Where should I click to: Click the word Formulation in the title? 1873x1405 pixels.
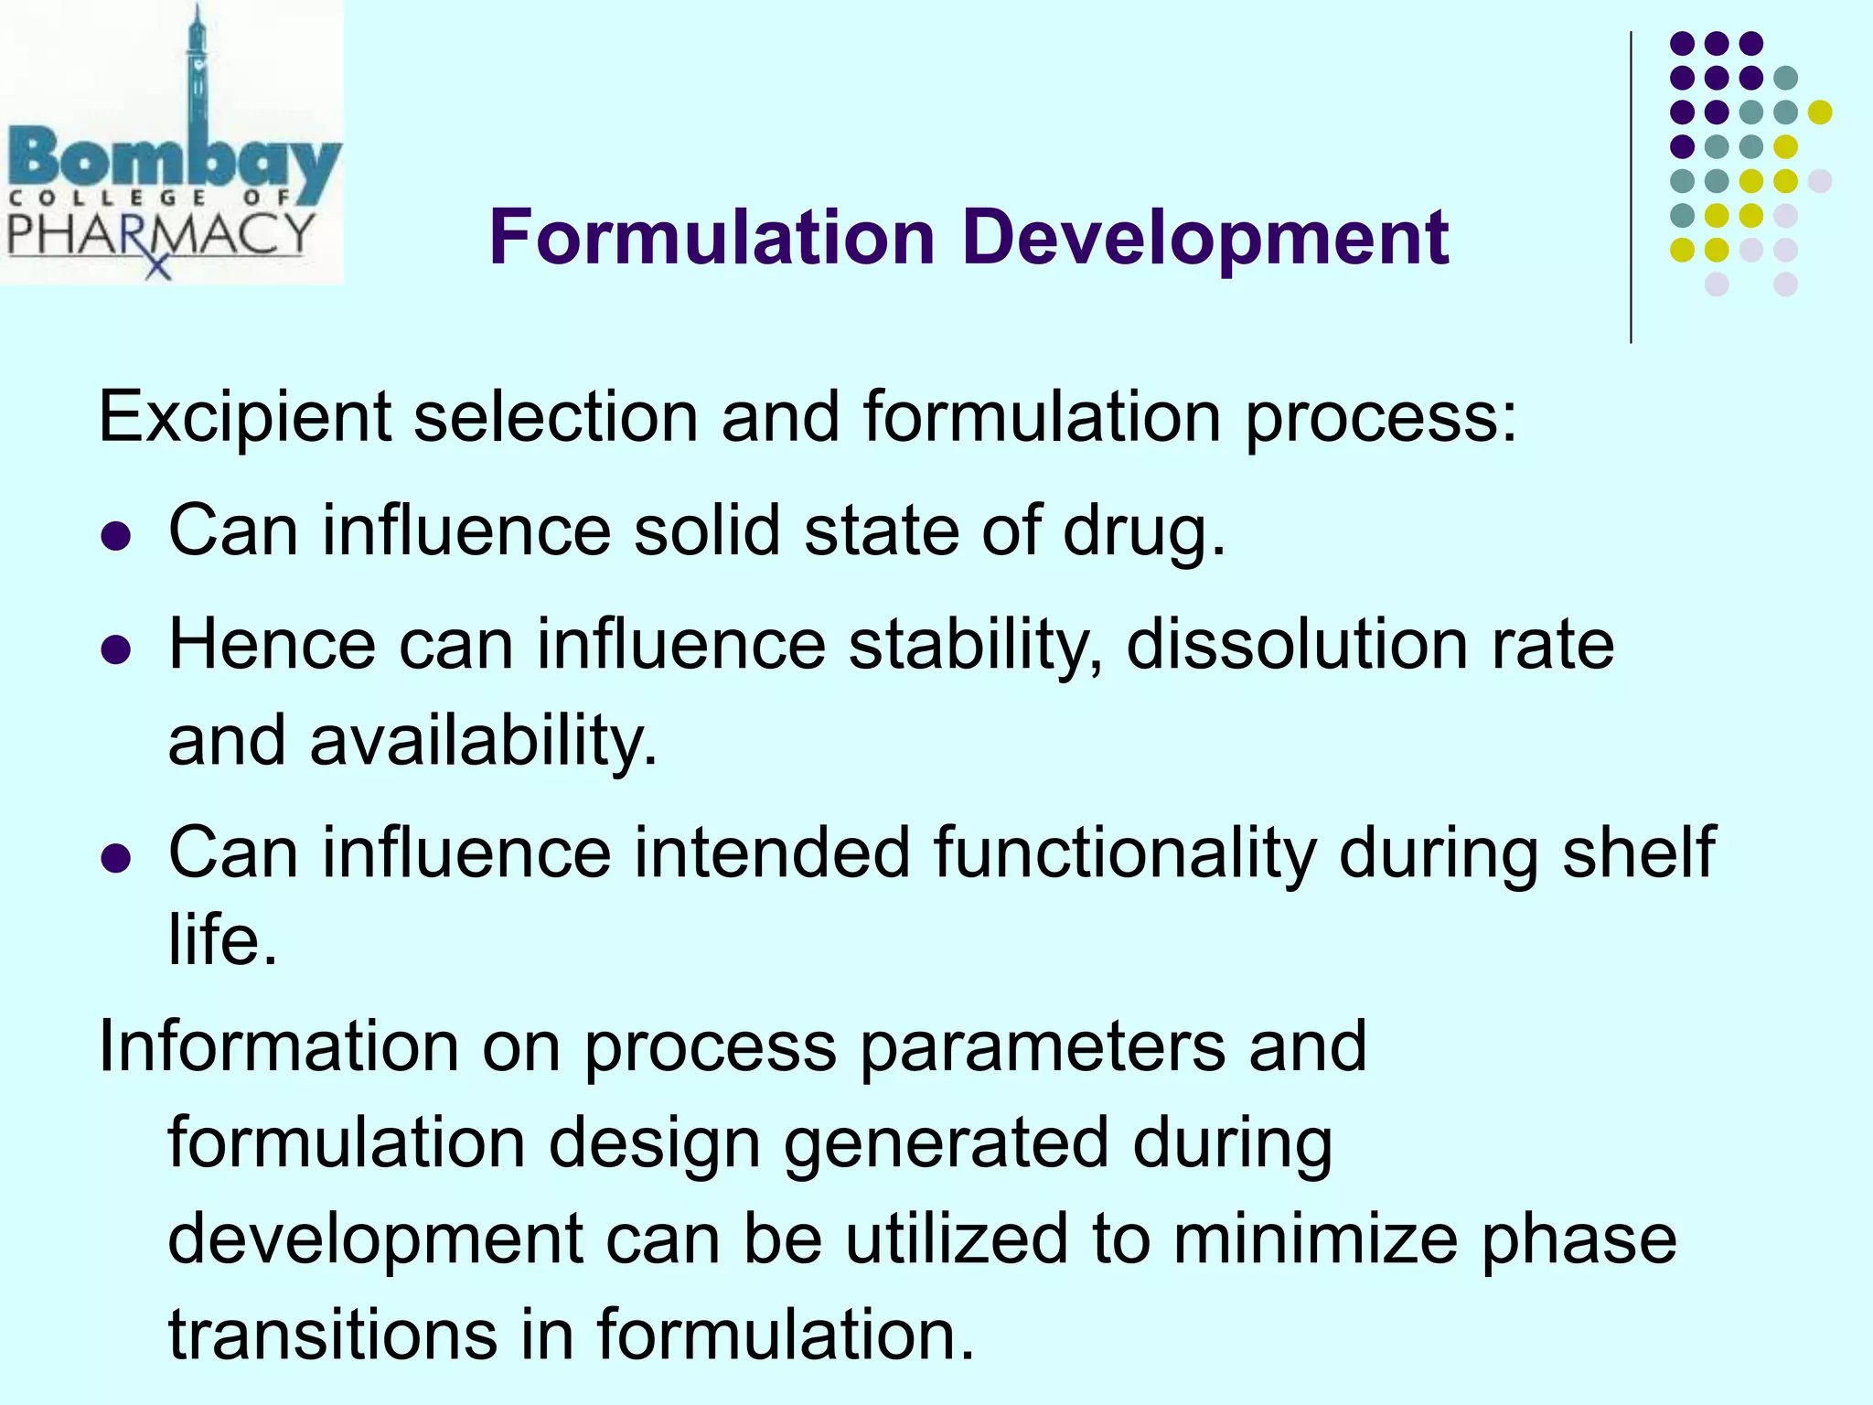click(712, 238)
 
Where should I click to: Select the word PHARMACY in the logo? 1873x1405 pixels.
click(160, 234)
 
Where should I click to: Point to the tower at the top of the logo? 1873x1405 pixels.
click(197, 64)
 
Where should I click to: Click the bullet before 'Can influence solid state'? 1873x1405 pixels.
click(116, 535)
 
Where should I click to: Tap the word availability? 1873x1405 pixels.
click(483, 741)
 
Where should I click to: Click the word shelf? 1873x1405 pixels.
click(1638, 853)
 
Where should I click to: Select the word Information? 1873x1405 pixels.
click(278, 1046)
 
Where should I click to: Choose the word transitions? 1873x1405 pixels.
click(334, 1335)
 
